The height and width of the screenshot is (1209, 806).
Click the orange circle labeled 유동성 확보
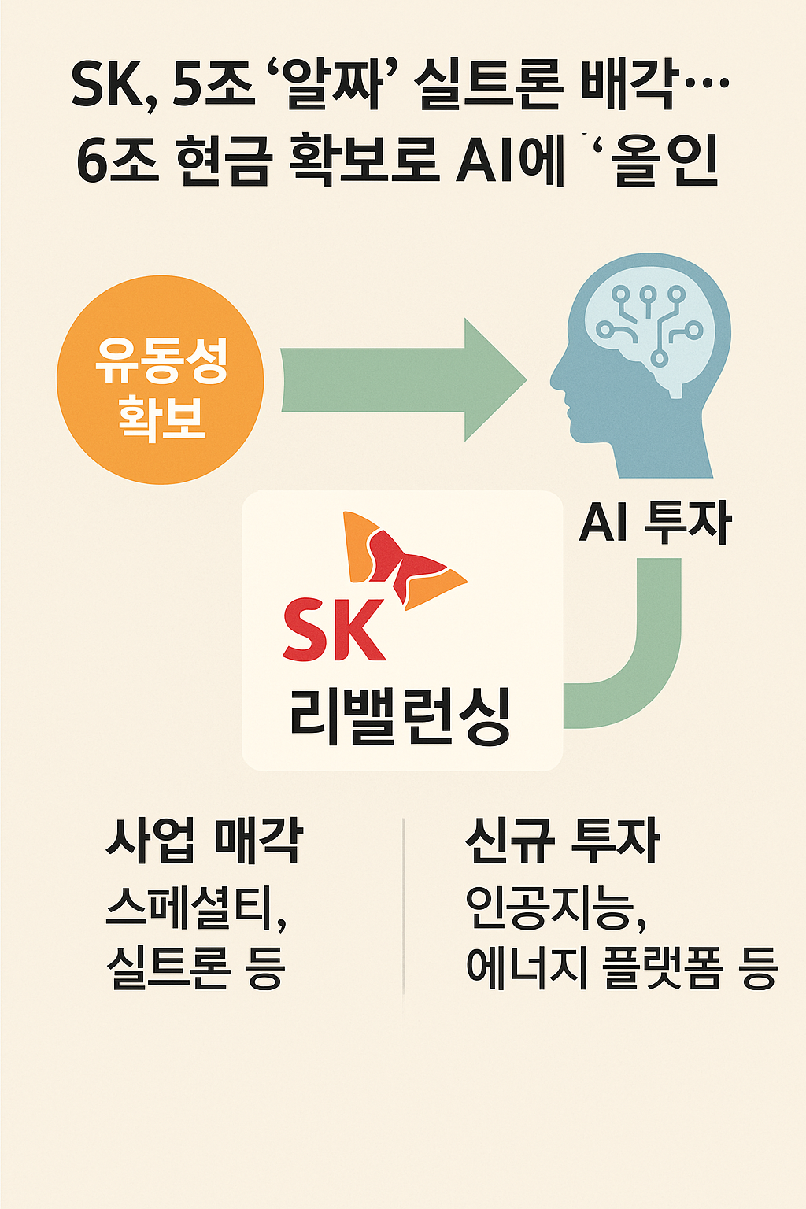point(160,380)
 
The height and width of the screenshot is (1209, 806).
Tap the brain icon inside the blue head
point(649,331)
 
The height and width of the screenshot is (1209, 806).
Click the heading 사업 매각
point(205,840)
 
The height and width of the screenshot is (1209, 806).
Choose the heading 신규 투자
point(562,840)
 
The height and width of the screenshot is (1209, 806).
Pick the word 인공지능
point(551,908)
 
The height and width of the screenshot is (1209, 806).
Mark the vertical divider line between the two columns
point(403,913)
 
